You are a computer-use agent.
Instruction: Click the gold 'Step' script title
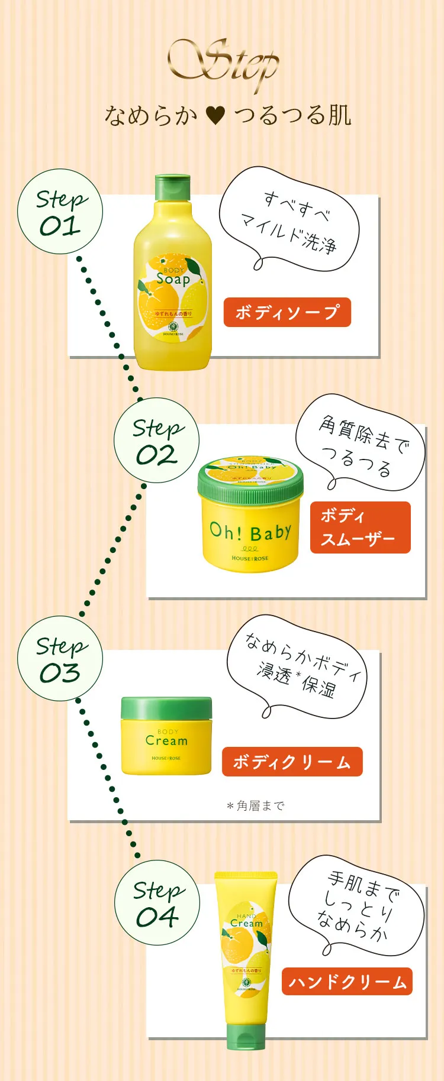[x=224, y=64]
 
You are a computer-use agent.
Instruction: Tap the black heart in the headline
[x=215, y=115]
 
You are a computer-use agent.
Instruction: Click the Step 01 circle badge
[x=60, y=212]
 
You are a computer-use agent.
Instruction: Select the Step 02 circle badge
[x=156, y=441]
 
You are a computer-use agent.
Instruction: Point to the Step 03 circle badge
[x=60, y=659]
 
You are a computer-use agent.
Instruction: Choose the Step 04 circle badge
[x=157, y=903]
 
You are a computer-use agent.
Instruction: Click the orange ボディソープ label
[x=287, y=312]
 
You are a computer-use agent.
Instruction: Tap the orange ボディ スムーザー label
[x=360, y=527]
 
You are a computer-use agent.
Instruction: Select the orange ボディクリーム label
[x=292, y=762]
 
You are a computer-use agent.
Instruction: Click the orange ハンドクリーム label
[x=347, y=982]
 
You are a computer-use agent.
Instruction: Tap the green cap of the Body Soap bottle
[x=172, y=187]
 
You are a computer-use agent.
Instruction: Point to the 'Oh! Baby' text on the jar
[x=250, y=532]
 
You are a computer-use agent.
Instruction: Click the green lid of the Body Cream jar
[x=166, y=707]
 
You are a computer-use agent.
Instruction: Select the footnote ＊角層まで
[x=255, y=805]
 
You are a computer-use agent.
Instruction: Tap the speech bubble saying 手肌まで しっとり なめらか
[x=358, y=905]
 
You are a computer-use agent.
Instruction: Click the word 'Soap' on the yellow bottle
[x=173, y=279]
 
